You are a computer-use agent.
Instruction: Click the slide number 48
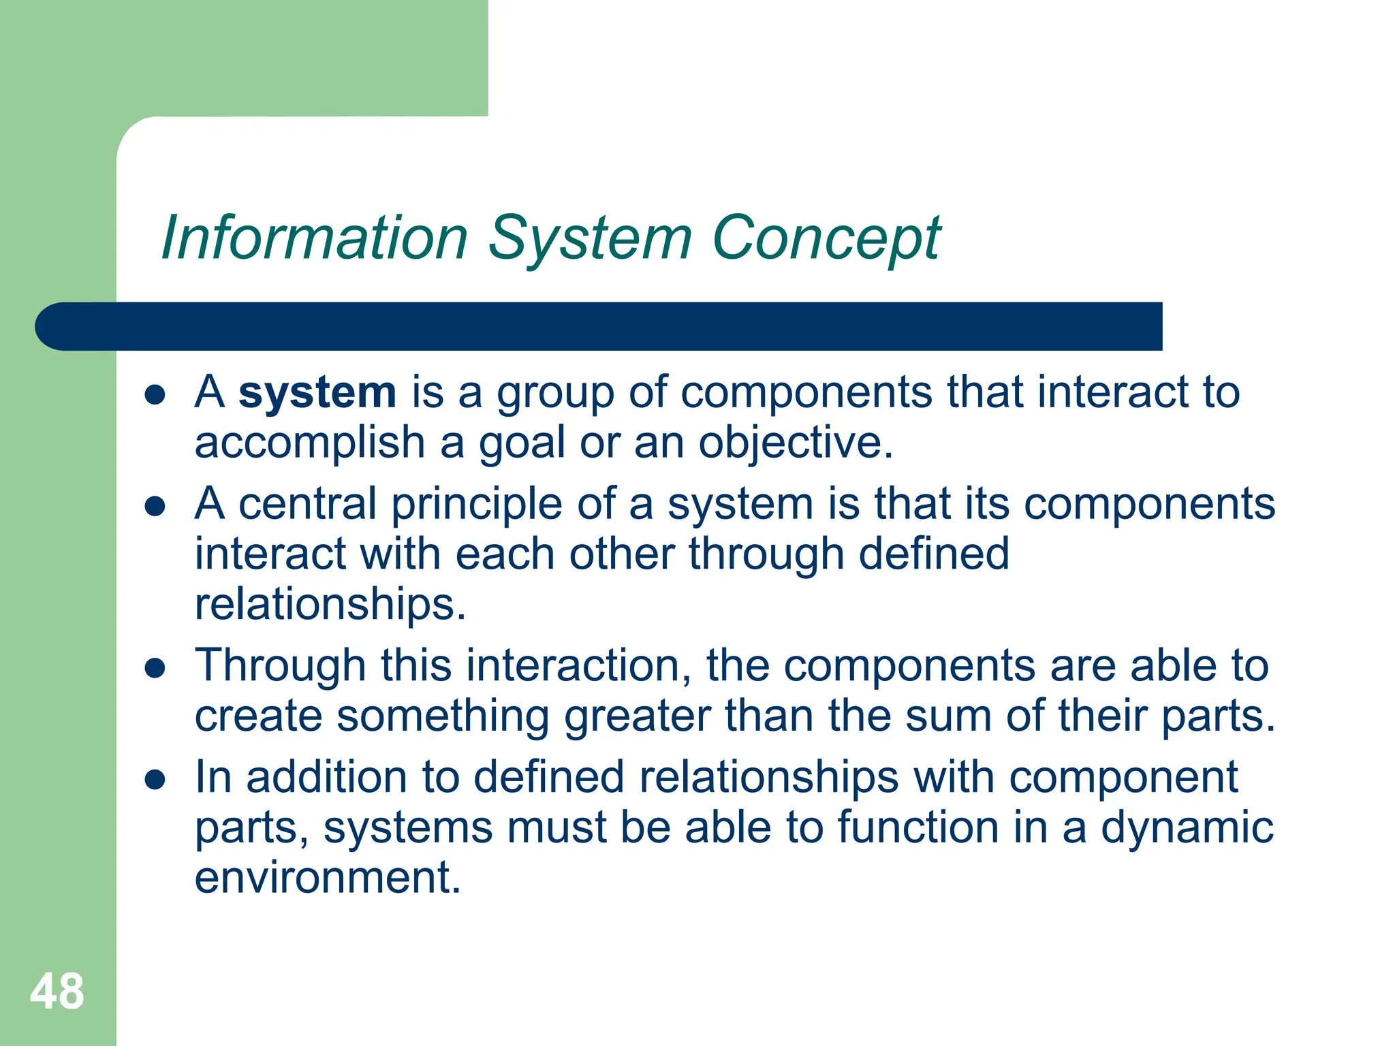pyautogui.click(x=57, y=992)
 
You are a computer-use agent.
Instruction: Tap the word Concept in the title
pyautogui.click(x=826, y=238)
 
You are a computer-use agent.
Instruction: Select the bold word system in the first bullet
pyautogui.click(x=317, y=393)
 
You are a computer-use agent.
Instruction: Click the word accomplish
pyautogui.click(x=310, y=443)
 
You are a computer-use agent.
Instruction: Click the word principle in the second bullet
pyautogui.click(x=477, y=505)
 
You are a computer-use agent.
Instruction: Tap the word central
pyautogui.click(x=307, y=505)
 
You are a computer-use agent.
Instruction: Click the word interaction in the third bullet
pyautogui.click(x=579, y=665)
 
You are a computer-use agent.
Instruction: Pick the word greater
pyautogui.click(x=637, y=716)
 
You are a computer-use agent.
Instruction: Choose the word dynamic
pyautogui.click(x=1187, y=828)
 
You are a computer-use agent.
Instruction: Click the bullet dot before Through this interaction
pyautogui.click(x=155, y=669)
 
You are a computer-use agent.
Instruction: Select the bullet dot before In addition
pyautogui.click(x=155, y=780)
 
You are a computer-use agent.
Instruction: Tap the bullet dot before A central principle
pyautogui.click(x=155, y=507)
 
